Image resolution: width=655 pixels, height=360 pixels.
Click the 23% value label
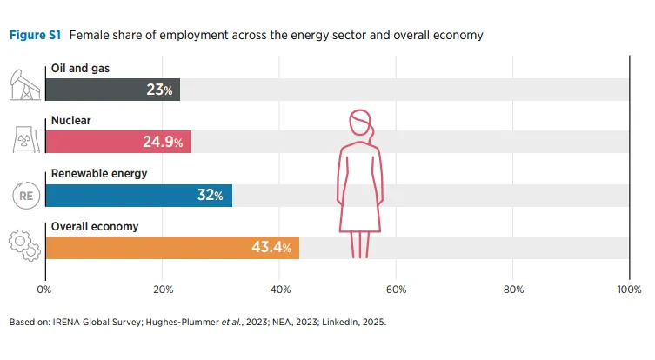(161, 90)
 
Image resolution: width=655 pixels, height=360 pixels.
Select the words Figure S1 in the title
(34, 36)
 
